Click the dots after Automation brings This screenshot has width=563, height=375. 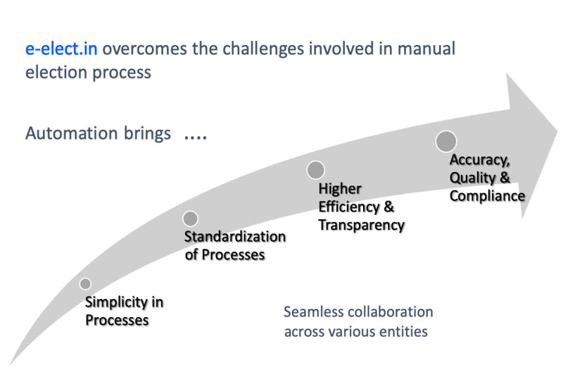point(195,135)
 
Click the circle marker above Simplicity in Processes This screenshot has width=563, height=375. point(85,284)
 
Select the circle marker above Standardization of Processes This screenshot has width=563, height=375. point(190,219)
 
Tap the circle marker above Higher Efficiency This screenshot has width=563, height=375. point(316,170)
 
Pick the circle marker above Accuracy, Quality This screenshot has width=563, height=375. point(446,142)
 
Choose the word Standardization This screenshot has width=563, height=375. point(235,237)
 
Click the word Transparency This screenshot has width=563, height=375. point(362,226)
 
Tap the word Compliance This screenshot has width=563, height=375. point(487,196)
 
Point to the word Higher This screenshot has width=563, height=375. point(340,189)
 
